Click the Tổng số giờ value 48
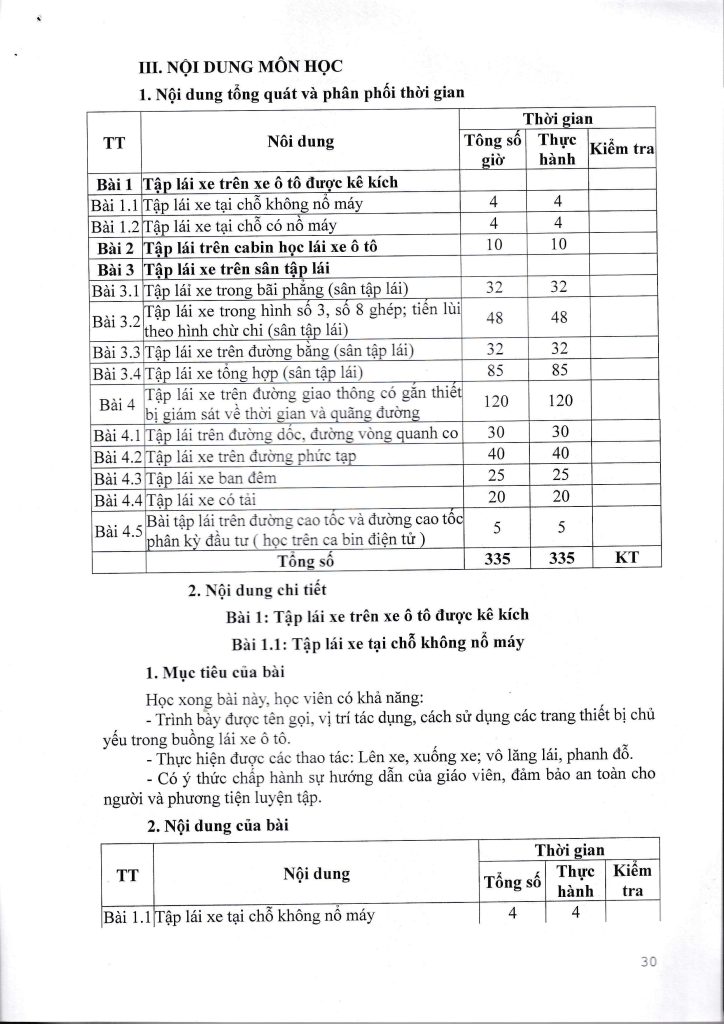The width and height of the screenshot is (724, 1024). (x=493, y=318)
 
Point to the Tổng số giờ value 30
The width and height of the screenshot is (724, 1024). (x=493, y=434)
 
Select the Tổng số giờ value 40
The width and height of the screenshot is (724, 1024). (x=493, y=456)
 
